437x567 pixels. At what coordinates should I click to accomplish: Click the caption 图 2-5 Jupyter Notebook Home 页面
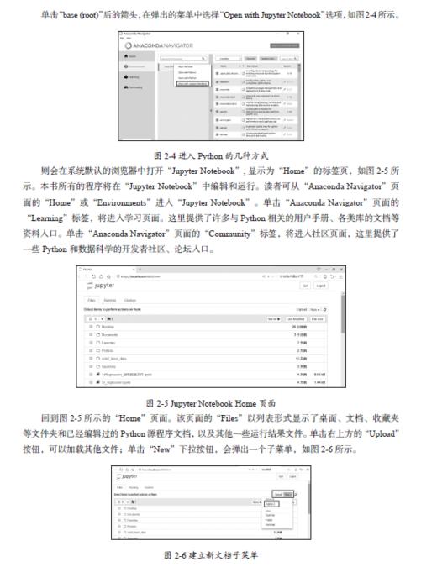pos(217,403)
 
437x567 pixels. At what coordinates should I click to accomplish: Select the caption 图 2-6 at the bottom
pos(217,555)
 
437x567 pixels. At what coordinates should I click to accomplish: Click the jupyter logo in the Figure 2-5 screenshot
pos(103,285)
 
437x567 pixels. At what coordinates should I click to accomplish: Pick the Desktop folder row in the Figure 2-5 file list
pos(107,327)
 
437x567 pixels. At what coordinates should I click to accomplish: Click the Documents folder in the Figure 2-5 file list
pos(110,335)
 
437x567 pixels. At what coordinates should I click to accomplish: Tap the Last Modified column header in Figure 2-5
pos(293,318)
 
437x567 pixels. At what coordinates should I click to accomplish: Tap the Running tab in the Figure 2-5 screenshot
pos(110,300)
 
